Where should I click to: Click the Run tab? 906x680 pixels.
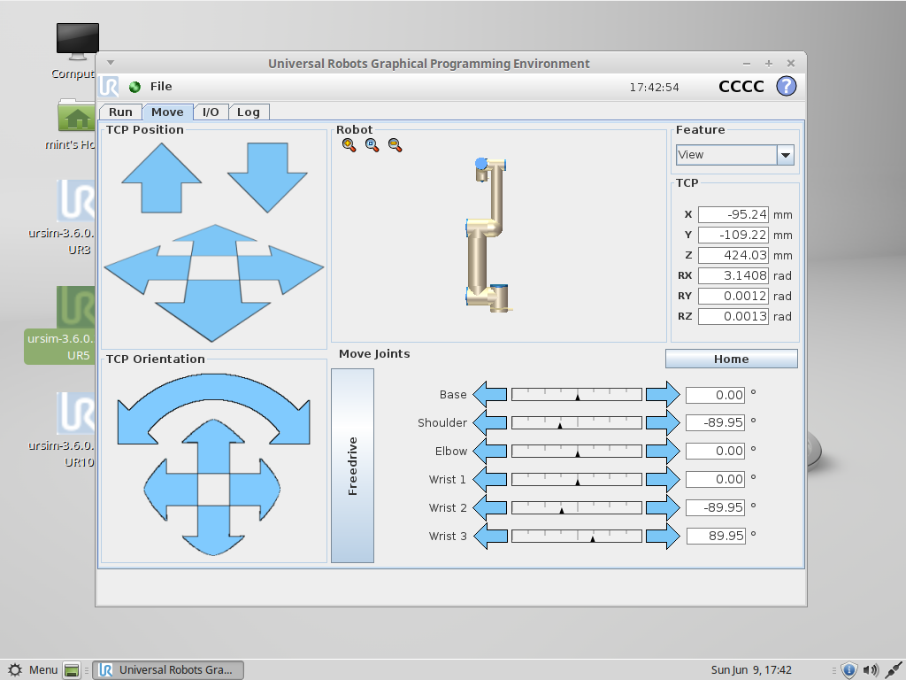pyautogui.click(x=120, y=112)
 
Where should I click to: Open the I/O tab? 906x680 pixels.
pyautogui.click(x=211, y=112)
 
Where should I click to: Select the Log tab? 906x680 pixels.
pyautogui.click(x=249, y=112)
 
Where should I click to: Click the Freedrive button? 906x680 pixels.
pyautogui.click(x=352, y=466)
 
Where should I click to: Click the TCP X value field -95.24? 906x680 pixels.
pyautogui.click(x=733, y=214)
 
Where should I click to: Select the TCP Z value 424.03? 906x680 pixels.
pyautogui.click(x=733, y=255)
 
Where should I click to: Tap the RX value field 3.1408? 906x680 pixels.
pyautogui.click(x=733, y=275)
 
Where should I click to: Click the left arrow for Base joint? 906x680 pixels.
pyautogui.click(x=490, y=394)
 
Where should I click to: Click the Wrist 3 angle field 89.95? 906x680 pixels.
pyautogui.click(x=715, y=536)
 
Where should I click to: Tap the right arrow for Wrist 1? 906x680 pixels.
pyautogui.click(x=663, y=479)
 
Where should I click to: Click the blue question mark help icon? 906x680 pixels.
pyautogui.click(x=786, y=86)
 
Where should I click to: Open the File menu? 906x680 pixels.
pyautogui.click(x=161, y=86)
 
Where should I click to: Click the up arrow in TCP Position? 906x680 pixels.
pyautogui.click(x=161, y=178)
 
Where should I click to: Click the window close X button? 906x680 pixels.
pyautogui.click(x=791, y=64)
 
